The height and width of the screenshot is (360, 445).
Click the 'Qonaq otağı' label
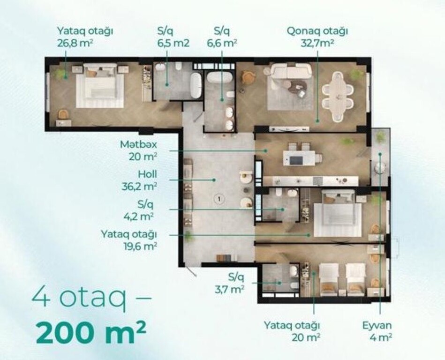click(317, 31)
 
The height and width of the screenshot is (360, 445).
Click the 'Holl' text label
click(148, 174)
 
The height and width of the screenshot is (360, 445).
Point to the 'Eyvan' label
click(377, 325)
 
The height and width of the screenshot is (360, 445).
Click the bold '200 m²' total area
click(91, 331)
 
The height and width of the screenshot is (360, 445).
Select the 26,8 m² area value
click(75, 43)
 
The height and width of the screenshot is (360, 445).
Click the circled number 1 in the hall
click(219, 199)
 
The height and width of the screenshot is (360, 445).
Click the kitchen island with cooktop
click(299, 158)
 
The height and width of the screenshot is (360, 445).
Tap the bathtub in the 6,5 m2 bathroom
click(195, 85)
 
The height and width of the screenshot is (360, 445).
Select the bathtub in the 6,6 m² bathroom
click(219, 77)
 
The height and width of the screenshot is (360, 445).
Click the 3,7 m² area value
click(230, 289)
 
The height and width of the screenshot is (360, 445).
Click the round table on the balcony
click(380, 168)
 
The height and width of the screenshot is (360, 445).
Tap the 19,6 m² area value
click(140, 246)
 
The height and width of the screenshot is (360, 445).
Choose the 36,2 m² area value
click(139, 187)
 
